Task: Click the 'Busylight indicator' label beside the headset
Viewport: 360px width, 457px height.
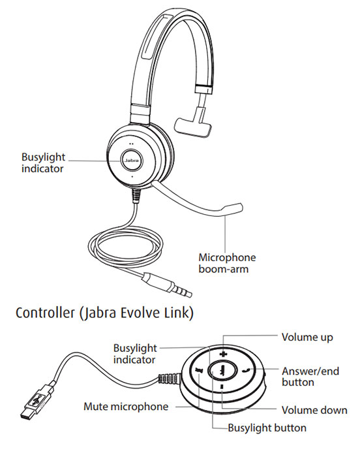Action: [x=42, y=163]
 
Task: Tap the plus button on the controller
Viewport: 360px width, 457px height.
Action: [x=223, y=355]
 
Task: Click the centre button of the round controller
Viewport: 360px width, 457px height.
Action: [x=222, y=370]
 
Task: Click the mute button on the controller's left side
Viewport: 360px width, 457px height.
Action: [x=198, y=370]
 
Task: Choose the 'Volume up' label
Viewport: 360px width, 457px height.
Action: [x=307, y=338]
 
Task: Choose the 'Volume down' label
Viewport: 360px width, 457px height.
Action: [x=313, y=411]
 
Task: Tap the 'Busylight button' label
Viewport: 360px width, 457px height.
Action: [x=267, y=429]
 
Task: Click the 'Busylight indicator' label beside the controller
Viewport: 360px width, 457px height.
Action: [x=136, y=353]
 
